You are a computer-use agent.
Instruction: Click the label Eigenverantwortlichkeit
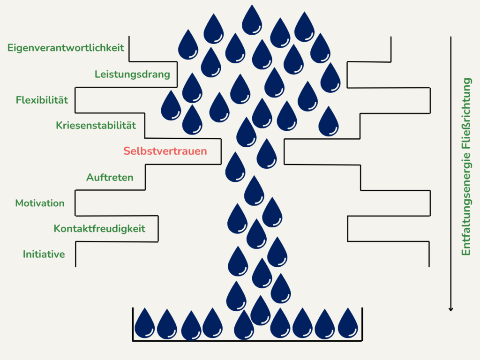66,48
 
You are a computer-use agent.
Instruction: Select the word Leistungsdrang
132,74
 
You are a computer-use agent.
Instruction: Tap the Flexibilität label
42,100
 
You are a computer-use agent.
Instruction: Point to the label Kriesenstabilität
96,126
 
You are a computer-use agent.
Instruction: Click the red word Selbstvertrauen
165,151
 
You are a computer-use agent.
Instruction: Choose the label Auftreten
110,178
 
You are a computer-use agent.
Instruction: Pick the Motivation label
40,203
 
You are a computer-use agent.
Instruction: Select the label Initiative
44,255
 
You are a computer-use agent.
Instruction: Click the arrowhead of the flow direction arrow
450,308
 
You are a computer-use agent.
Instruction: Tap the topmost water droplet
252,20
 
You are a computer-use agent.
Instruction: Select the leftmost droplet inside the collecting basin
145,323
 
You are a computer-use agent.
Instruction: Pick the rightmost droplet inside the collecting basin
348,323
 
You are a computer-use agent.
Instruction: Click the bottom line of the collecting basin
247,340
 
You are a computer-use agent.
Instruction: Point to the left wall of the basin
133,323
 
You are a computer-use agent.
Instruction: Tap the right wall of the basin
362,323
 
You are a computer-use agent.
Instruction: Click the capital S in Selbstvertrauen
127,151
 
